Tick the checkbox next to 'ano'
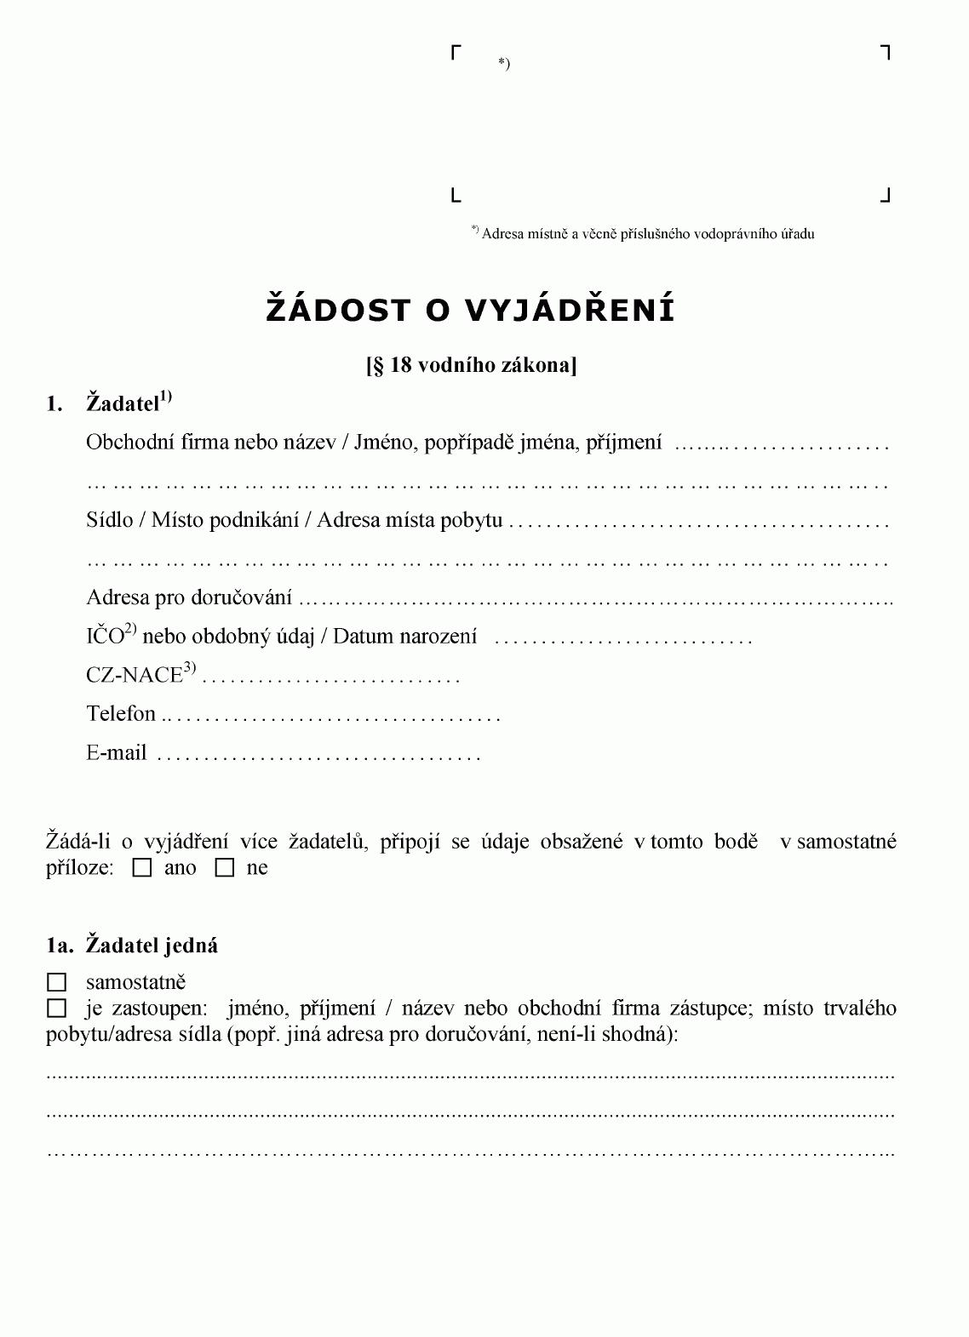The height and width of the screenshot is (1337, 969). pyautogui.click(x=143, y=869)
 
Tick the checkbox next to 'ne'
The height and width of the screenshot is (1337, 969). pyautogui.click(x=225, y=869)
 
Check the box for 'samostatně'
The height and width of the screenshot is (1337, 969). pyautogui.click(x=56, y=983)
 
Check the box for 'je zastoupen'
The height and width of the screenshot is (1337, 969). pyautogui.click(x=56, y=1009)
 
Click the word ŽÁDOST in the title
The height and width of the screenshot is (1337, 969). pyautogui.click(x=339, y=310)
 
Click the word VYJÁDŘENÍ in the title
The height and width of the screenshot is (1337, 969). pyautogui.click(x=570, y=310)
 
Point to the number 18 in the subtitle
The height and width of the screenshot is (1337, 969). pyautogui.click(x=401, y=366)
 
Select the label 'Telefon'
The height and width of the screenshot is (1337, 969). pyautogui.click(x=121, y=714)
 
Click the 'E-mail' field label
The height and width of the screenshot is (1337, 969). pyautogui.click(x=117, y=753)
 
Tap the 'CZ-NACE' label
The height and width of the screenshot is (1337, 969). pyautogui.click(x=135, y=676)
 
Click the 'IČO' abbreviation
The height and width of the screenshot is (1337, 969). pyautogui.click(x=105, y=637)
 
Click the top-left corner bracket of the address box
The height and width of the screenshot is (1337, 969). pyautogui.click(x=456, y=53)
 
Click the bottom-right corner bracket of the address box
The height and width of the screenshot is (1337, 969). pyautogui.click(x=885, y=196)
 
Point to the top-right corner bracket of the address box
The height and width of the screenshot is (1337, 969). pyautogui.click(x=885, y=53)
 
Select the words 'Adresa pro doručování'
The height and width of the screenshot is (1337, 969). pyautogui.click(x=189, y=597)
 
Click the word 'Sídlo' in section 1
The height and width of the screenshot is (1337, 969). pyautogui.click(x=110, y=520)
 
